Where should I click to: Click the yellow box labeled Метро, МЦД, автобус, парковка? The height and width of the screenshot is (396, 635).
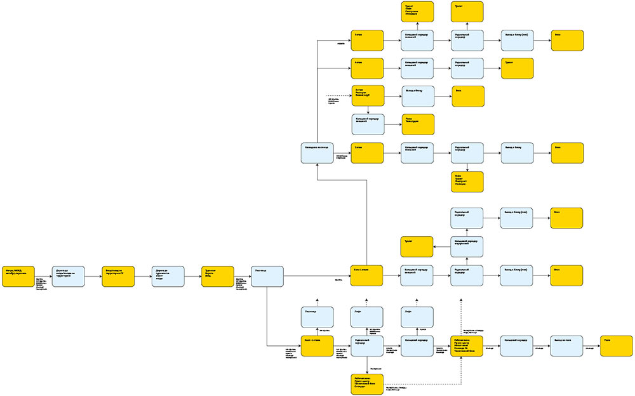click(x=18, y=276)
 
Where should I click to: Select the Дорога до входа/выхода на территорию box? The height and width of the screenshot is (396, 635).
click(x=68, y=276)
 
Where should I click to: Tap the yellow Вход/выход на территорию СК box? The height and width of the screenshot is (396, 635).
click(x=118, y=276)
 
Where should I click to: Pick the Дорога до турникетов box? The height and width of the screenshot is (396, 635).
click(x=168, y=276)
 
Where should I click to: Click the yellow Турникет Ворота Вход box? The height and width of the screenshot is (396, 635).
click(x=218, y=276)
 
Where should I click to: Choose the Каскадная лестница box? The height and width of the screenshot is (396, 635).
click(x=317, y=153)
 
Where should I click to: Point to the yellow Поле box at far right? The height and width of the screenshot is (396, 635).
click(x=616, y=346)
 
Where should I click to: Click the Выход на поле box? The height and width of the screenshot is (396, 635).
click(x=566, y=346)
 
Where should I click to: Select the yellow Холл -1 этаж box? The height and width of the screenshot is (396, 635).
click(x=317, y=346)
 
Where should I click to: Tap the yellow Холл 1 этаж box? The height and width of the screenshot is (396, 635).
click(x=367, y=276)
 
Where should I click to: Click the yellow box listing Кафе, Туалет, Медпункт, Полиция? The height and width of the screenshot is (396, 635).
click(x=467, y=181)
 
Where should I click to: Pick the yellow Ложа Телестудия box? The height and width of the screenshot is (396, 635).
click(x=417, y=124)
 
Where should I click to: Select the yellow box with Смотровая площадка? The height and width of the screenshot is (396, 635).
click(x=417, y=11)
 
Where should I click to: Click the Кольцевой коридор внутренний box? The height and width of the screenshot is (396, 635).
click(x=467, y=246)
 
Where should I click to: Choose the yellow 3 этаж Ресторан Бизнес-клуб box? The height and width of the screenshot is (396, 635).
click(x=367, y=95)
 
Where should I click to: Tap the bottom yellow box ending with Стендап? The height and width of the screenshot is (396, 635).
click(x=367, y=385)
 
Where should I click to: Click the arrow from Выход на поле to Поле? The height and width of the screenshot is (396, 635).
click(x=591, y=346)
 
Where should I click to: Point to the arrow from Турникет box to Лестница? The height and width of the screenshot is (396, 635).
click(x=242, y=276)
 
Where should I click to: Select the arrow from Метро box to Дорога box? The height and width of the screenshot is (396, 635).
click(x=43, y=276)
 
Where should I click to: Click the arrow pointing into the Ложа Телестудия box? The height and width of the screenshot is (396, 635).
click(x=393, y=124)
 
